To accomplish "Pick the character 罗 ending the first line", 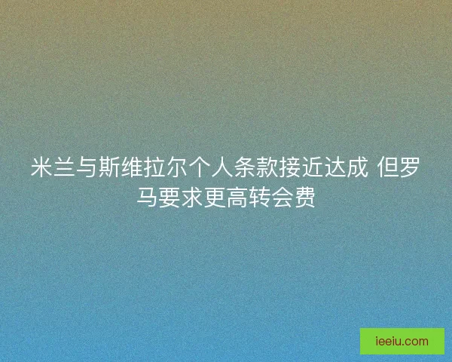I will (x=410, y=168).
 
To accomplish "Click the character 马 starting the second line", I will (x=147, y=198).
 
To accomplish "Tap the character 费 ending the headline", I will (x=305, y=198).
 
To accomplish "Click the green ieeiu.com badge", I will (x=402, y=341).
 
